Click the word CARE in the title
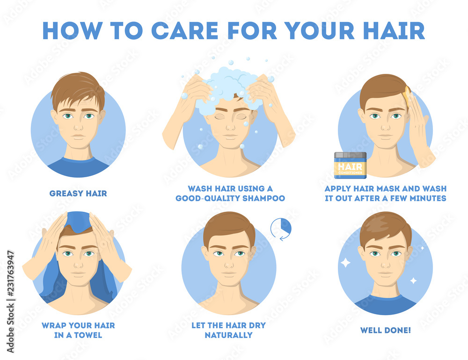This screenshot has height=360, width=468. (x=184, y=30)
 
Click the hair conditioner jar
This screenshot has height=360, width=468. (x=350, y=165)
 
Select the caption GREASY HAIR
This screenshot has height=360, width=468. (x=78, y=193)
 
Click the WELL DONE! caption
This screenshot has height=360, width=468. (x=385, y=330)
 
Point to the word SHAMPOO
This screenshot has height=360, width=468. (x=263, y=198)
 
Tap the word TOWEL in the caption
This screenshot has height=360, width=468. (x=88, y=335)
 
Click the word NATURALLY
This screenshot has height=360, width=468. (x=229, y=335)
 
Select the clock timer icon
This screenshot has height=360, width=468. (x=281, y=229)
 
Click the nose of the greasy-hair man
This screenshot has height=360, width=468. (x=78, y=126)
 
